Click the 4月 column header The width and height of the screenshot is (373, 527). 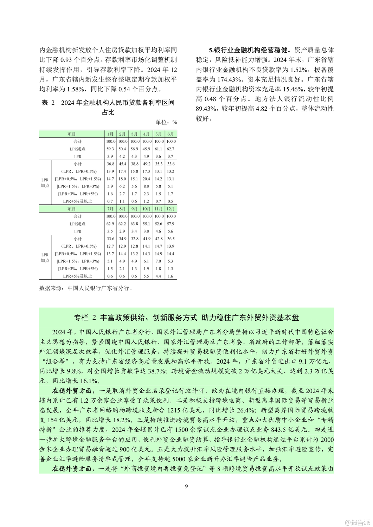(146, 134)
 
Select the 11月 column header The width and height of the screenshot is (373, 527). (159, 209)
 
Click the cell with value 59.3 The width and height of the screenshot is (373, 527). (110, 149)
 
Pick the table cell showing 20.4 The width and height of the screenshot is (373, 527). (146, 179)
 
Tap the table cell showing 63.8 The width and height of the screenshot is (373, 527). (134, 224)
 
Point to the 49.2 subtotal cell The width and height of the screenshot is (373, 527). (146, 164)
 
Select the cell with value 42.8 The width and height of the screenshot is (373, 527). (159, 239)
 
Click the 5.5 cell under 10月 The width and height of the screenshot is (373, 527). (146, 276)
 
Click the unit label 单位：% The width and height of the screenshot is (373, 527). (166, 122)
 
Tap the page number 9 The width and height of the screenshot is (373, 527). (186, 486)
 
